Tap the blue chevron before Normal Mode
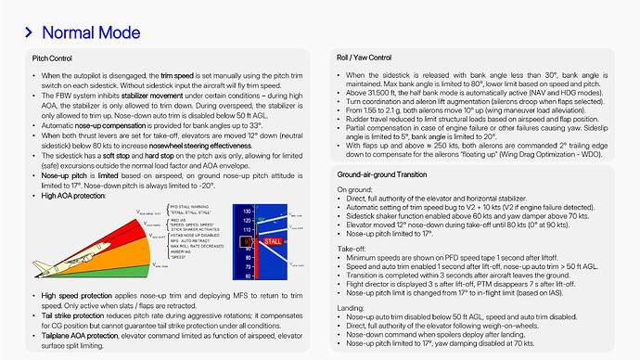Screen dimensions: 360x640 (29, 32)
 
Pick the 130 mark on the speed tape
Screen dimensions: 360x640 (245, 211)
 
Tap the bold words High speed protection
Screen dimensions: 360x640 (82, 294)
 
